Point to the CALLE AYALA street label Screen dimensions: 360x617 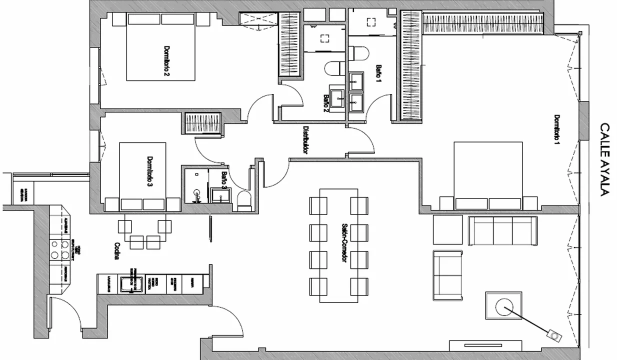point(604,159)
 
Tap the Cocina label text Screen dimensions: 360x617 point(116,252)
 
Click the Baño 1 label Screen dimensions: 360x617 point(378,74)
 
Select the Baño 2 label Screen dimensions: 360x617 point(326,104)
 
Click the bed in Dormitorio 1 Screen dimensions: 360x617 point(488,175)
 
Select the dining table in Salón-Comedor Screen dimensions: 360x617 point(339,245)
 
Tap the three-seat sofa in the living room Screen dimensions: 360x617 point(502,230)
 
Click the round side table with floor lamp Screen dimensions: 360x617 point(503,306)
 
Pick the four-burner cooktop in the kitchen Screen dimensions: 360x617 point(59,249)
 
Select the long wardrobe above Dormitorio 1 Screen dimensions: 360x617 point(482,23)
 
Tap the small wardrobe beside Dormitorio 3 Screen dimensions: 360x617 point(202,123)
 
